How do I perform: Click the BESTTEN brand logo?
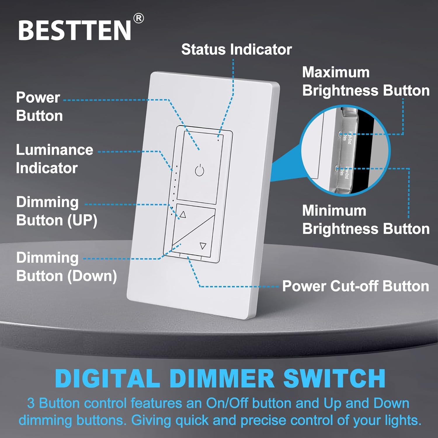click(74, 30)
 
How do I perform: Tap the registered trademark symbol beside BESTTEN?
click(138, 19)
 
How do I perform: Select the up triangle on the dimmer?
click(183, 215)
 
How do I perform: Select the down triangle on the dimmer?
click(203, 246)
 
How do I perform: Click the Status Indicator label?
click(236, 49)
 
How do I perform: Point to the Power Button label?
click(39, 107)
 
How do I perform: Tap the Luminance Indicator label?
click(54, 159)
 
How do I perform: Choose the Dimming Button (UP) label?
click(56, 211)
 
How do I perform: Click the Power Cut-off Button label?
click(355, 286)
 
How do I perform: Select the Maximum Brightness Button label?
click(366, 81)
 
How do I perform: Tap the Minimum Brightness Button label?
click(366, 220)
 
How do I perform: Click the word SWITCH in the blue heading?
click(334, 378)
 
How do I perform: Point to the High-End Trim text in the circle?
click(347, 136)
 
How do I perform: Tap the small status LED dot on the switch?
click(218, 140)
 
